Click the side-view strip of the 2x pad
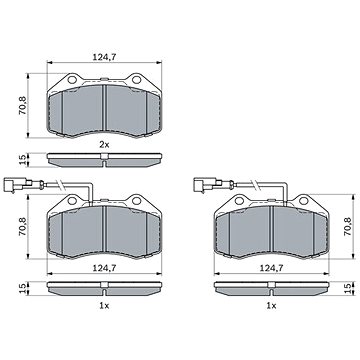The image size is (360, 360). pyautogui.click(x=105, y=158)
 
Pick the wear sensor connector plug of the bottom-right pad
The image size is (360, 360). pyautogui.click(x=201, y=185)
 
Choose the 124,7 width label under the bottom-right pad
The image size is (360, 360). pyautogui.click(x=270, y=270)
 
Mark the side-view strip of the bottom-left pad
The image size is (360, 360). pyautogui.click(x=105, y=290)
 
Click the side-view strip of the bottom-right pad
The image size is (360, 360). pyautogui.click(x=270, y=290)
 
